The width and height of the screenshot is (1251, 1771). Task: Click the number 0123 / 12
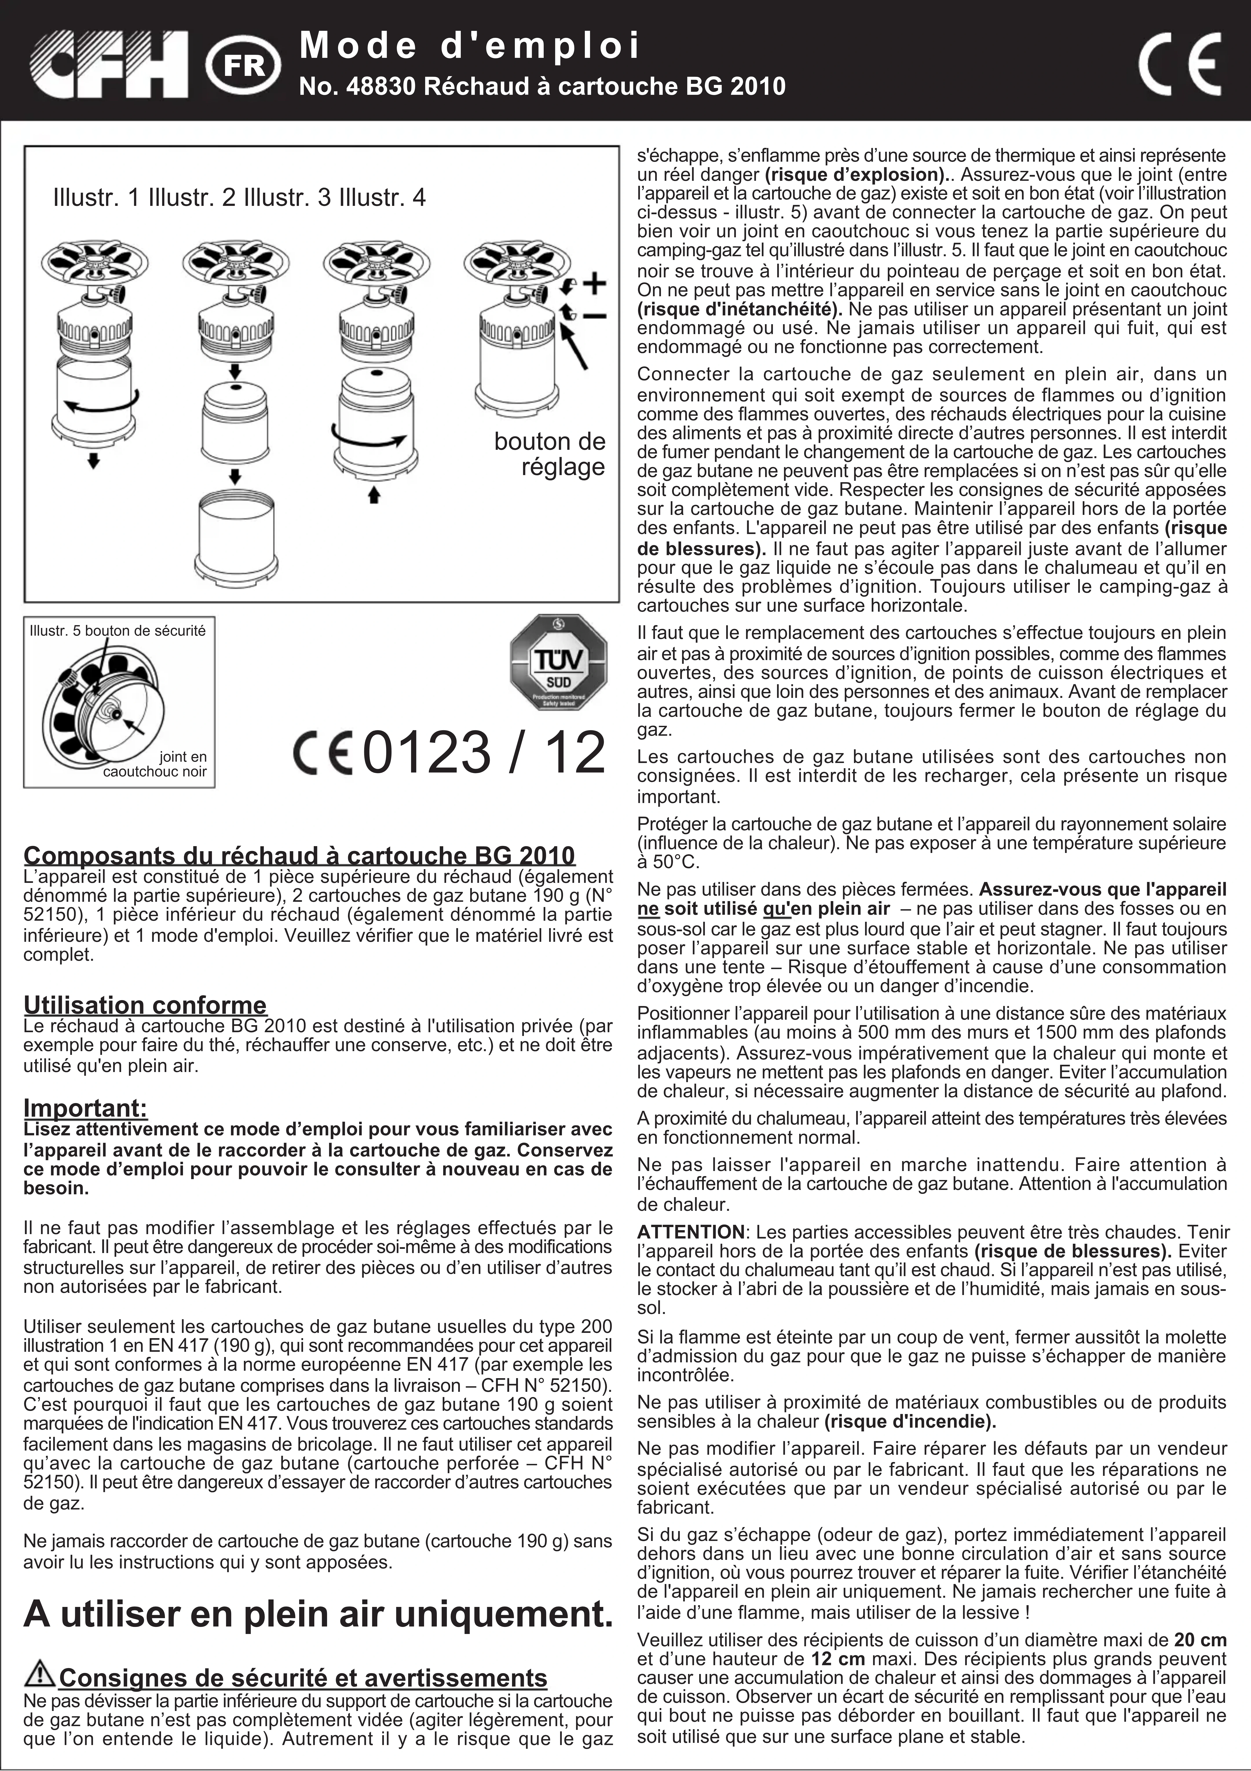click(x=484, y=753)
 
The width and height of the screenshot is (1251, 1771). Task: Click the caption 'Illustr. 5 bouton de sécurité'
click(x=117, y=631)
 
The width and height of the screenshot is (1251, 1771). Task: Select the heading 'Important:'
click(x=85, y=1109)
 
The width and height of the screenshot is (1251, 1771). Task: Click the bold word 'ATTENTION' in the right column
click(x=690, y=1232)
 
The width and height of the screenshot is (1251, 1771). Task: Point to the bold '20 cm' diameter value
click(x=1200, y=1640)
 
